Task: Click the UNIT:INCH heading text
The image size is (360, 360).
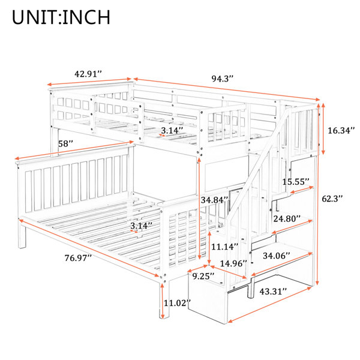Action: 61,17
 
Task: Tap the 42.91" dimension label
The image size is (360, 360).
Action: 88,74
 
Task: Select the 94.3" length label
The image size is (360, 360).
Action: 223,79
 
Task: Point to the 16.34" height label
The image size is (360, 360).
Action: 341,131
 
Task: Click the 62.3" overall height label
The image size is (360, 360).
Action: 332,199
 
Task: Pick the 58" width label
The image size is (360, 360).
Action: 65,144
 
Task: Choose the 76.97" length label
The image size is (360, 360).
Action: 78,258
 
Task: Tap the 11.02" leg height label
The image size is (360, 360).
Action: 177,303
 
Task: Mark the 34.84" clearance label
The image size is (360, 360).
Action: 215,200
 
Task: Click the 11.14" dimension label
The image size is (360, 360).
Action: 225,247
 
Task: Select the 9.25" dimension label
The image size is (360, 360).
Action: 203,276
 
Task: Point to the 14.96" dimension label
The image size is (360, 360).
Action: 233,263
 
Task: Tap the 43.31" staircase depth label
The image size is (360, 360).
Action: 273,292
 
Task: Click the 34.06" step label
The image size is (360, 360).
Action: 277,256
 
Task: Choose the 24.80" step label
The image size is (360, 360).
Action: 287,219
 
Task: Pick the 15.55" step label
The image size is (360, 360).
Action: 296,182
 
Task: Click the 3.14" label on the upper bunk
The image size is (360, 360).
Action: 172,131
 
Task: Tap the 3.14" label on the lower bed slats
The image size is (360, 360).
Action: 141,226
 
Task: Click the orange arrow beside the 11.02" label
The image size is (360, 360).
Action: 163,301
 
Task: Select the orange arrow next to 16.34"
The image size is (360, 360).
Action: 323,129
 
